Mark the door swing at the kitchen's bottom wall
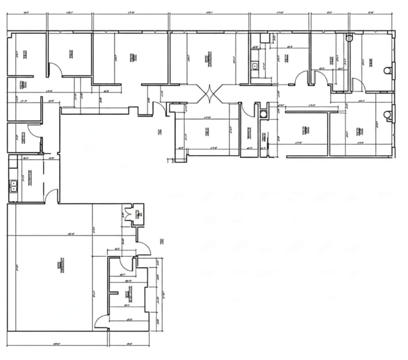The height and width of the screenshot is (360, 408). [x=52, y=196]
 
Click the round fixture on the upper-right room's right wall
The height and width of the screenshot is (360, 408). [x=386, y=71]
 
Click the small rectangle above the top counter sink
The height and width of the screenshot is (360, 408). [x=265, y=38]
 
